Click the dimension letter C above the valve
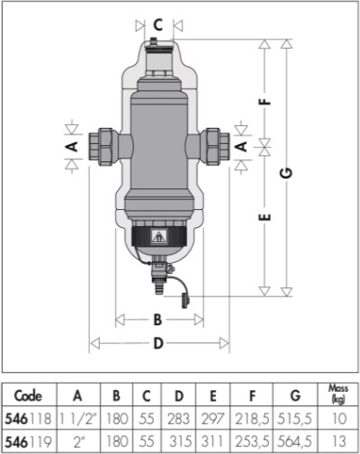[x=158, y=25]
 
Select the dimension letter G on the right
[x=287, y=173]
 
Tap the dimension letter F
[x=265, y=102]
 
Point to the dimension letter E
[x=265, y=217]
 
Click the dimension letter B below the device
[x=157, y=320]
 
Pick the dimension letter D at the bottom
[x=158, y=343]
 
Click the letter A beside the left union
[x=72, y=147]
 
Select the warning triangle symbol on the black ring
[x=159, y=236]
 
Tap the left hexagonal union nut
[x=101, y=147]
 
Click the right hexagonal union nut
[x=218, y=147]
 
